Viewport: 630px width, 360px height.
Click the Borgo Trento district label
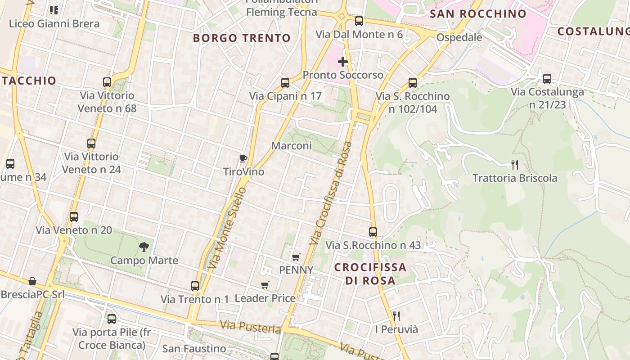tap(242, 38)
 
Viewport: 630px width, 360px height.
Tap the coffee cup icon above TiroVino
tap(243, 158)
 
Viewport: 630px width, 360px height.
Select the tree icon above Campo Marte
tap(144, 247)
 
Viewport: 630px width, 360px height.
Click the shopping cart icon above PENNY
tap(296, 257)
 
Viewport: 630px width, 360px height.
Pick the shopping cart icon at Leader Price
tap(265, 285)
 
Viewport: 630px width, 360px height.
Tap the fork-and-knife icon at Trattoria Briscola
tap(515, 165)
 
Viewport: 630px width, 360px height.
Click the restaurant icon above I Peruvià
tap(396, 316)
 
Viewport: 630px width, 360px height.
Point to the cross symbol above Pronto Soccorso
tap(343, 62)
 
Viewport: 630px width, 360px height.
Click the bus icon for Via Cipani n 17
tap(285, 83)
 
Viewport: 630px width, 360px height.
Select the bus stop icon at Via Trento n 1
tap(195, 286)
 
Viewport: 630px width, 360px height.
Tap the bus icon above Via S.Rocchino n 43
tap(373, 232)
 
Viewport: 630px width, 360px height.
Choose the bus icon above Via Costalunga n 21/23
tap(547, 79)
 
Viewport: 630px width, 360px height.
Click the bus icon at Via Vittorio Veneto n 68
tap(107, 82)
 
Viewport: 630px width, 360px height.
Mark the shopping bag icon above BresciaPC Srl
tap(32, 281)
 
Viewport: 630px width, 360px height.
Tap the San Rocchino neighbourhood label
tap(478, 14)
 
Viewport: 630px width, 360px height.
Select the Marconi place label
tap(291, 146)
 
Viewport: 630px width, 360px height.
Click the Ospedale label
tap(459, 37)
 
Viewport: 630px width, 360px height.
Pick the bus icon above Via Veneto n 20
tap(74, 217)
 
